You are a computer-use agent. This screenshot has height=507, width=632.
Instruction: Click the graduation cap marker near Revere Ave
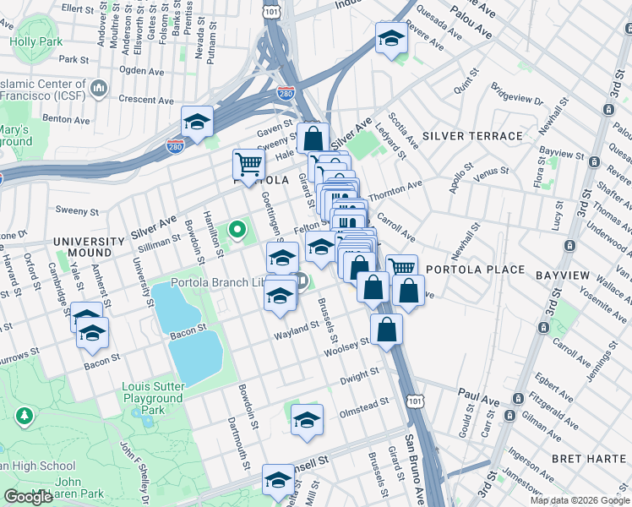point(391,39)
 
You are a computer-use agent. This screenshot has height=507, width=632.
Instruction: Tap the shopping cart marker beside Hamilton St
point(248,164)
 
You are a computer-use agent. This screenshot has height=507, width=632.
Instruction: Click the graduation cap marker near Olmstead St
point(307,420)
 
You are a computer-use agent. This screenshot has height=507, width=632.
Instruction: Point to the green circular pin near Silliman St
point(237,228)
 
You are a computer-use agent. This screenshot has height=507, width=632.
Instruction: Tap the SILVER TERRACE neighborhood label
point(472,136)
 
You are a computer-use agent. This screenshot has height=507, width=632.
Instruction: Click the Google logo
point(28,497)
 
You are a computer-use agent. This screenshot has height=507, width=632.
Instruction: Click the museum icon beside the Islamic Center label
point(98,87)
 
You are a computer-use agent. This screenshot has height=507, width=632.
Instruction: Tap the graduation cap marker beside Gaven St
point(197,122)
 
